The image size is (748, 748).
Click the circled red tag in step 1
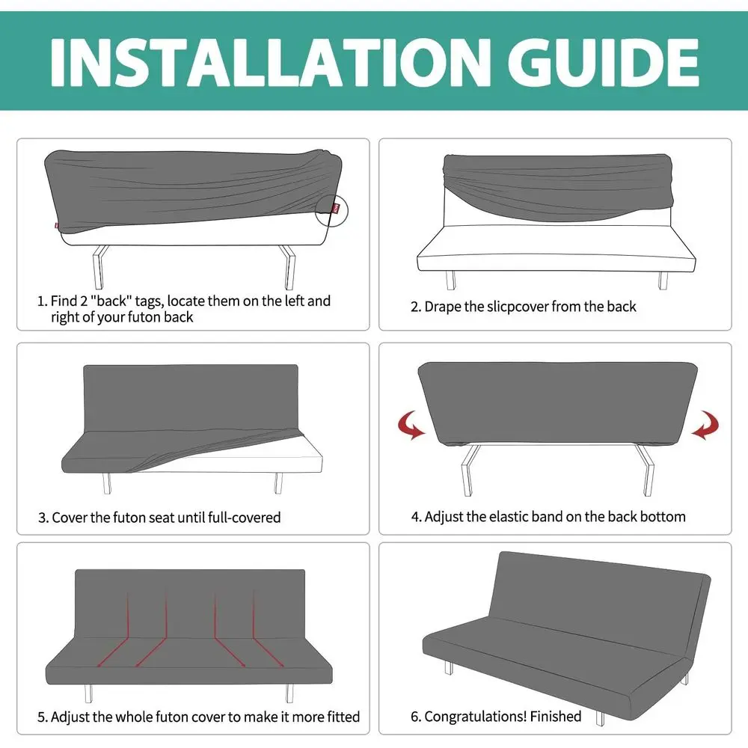(x=337, y=207)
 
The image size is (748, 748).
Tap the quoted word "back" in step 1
(x=137, y=301)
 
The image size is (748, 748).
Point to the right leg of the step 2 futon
(x=662, y=280)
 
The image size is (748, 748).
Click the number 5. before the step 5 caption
(x=43, y=717)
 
